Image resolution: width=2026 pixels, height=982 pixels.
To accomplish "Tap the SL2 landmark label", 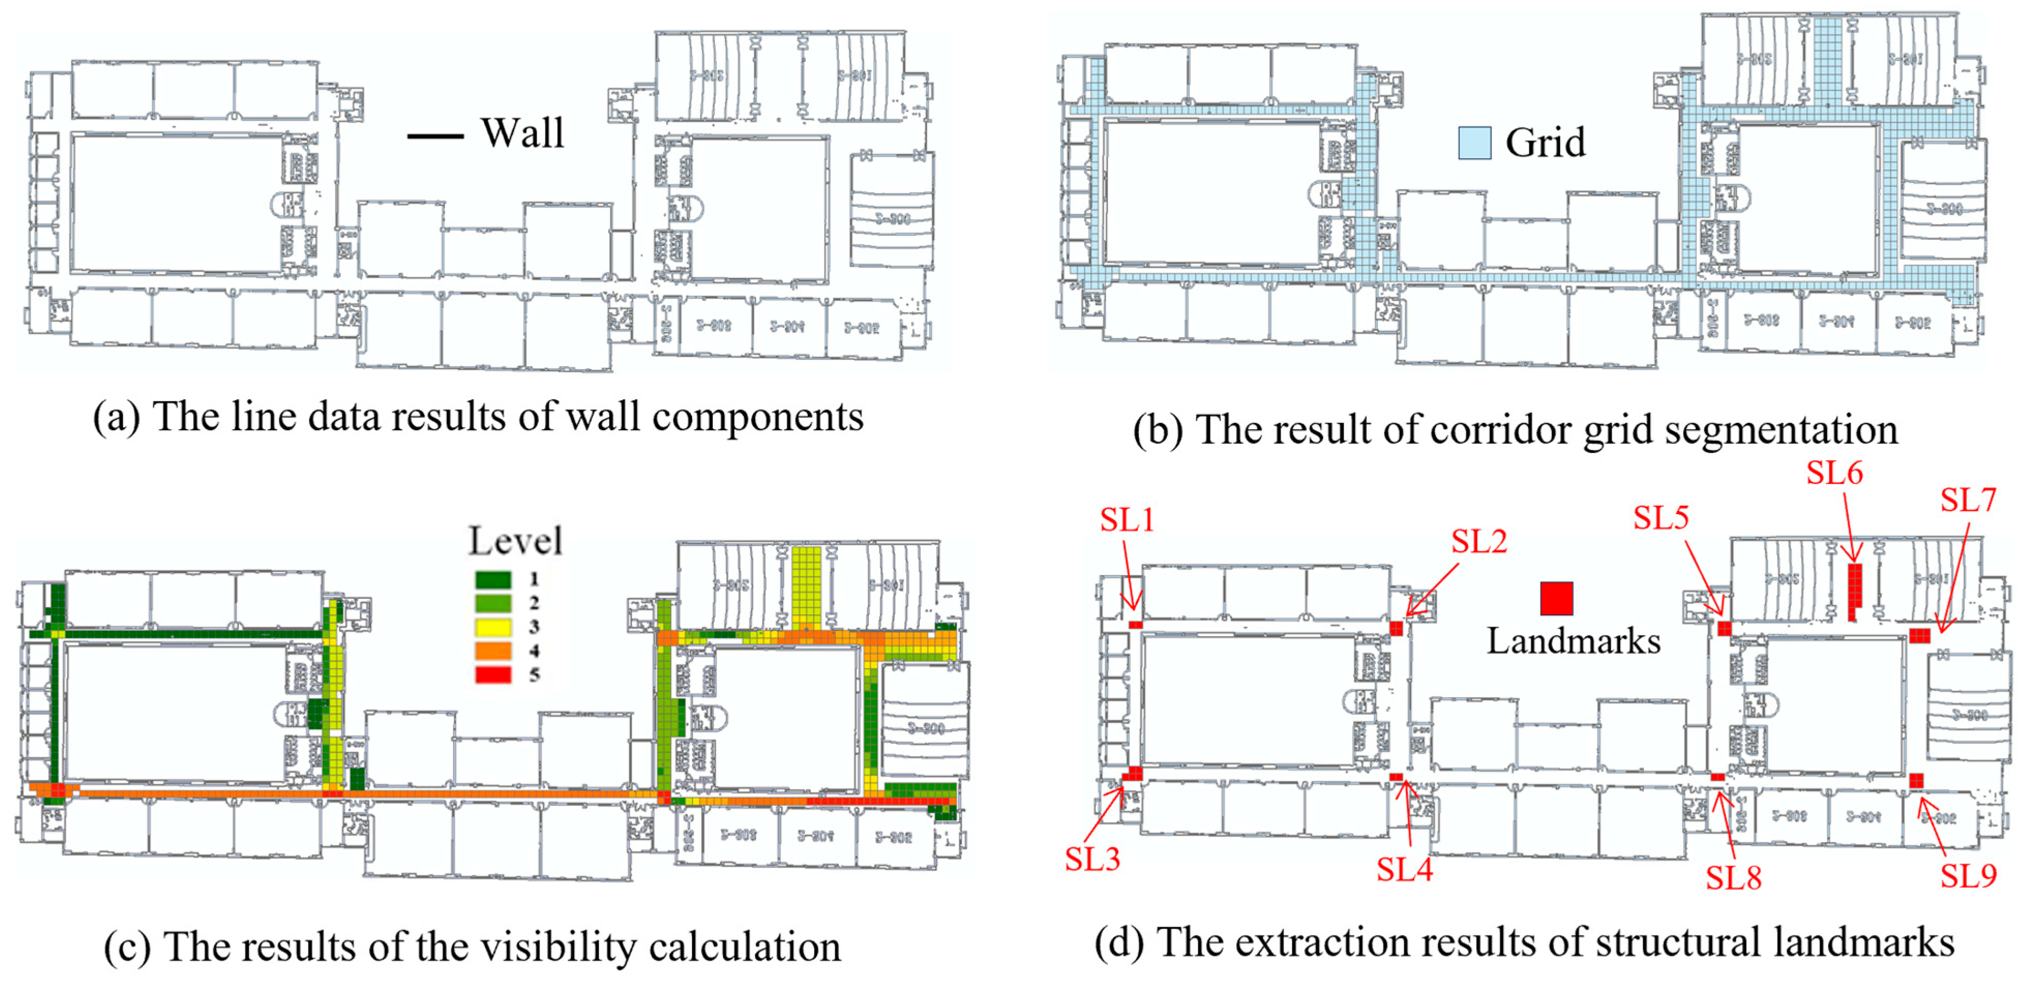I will [1479, 542].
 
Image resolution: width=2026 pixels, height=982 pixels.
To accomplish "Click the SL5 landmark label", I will [1660, 517].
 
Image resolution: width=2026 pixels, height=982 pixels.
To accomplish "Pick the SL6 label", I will [1834, 473].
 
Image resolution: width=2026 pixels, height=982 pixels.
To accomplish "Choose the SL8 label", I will [1733, 878].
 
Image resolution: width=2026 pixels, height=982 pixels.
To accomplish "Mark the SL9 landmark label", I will [1968, 875].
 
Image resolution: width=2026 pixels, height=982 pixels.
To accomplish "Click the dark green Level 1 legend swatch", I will [493, 580].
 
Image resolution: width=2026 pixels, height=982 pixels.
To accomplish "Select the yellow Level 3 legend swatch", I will [493, 627].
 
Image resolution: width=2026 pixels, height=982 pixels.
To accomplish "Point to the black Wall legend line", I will [435, 136].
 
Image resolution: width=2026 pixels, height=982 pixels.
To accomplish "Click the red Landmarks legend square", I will [1556, 598].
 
